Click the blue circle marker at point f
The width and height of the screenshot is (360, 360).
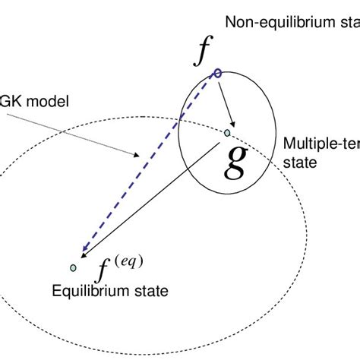(217, 73)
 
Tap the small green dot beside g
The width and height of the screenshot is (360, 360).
(226, 133)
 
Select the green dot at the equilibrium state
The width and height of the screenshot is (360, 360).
(73, 267)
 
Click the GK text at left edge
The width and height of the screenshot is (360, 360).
(12, 101)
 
